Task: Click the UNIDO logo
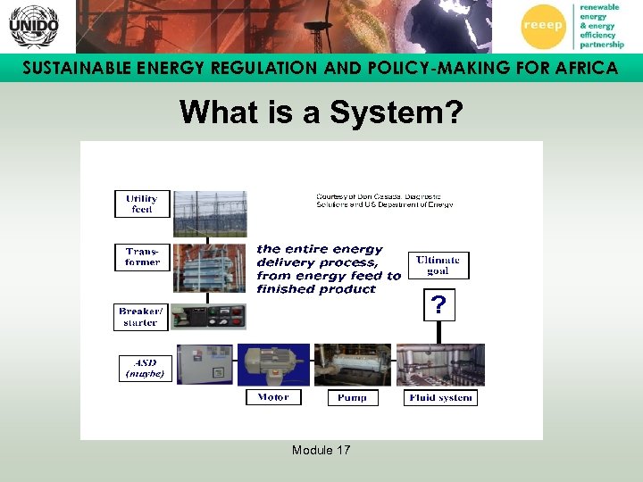click(x=33, y=26)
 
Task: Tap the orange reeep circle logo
click(x=543, y=25)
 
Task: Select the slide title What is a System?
click(x=321, y=112)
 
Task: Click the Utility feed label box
click(x=142, y=204)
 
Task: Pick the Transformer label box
click(x=142, y=257)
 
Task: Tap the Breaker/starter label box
click(x=141, y=317)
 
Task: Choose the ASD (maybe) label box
click(x=144, y=369)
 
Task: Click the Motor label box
click(x=273, y=397)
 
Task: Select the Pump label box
click(x=353, y=397)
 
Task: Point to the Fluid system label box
click(x=440, y=397)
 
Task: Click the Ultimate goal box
click(x=438, y=265)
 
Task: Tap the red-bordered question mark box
click(x=438, y=305)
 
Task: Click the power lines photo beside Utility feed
click(x=210, y=212)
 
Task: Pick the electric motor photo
click(x=272, y=365)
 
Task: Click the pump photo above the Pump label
click(x=353, y=365)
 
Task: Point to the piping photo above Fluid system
click(x=440, y=365)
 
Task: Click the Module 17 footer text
click(x=321, y=450)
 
